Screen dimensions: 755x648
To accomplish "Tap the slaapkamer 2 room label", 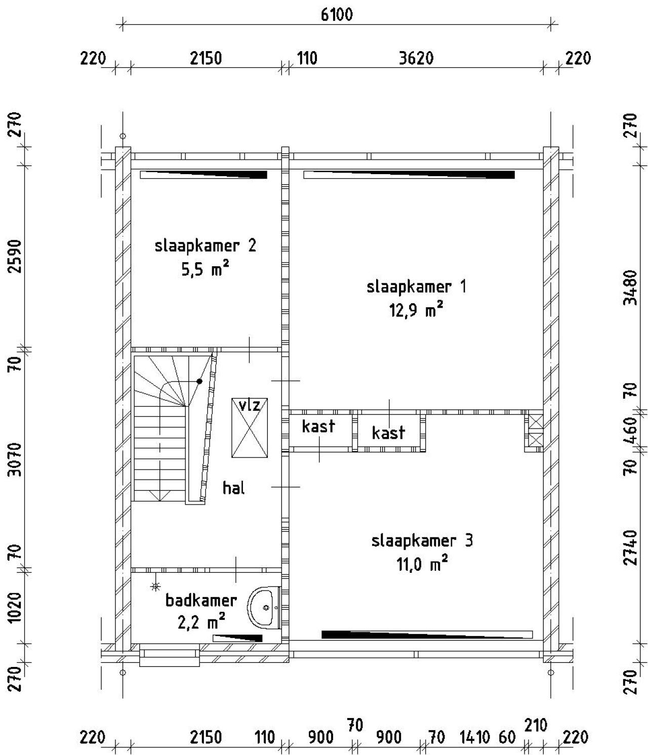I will (x=206, y=246).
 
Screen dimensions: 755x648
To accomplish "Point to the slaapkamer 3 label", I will (x=422, y=541).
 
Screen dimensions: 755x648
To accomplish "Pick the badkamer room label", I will (x=201, y=601).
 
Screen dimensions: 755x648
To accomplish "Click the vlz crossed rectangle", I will (x=250, y=428).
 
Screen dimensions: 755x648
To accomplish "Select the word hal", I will (x=234, y=488).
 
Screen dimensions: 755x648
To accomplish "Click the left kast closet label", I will (x=318, y=426).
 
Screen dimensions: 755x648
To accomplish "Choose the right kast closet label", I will (x=388, y=433).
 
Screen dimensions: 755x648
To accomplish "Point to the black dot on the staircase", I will (x=199, y=381).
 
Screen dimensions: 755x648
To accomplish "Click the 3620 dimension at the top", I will (x=416, y=59).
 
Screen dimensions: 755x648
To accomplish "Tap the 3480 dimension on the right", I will (x=630, y=287).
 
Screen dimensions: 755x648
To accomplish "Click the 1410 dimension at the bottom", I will (x=475, y=737).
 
